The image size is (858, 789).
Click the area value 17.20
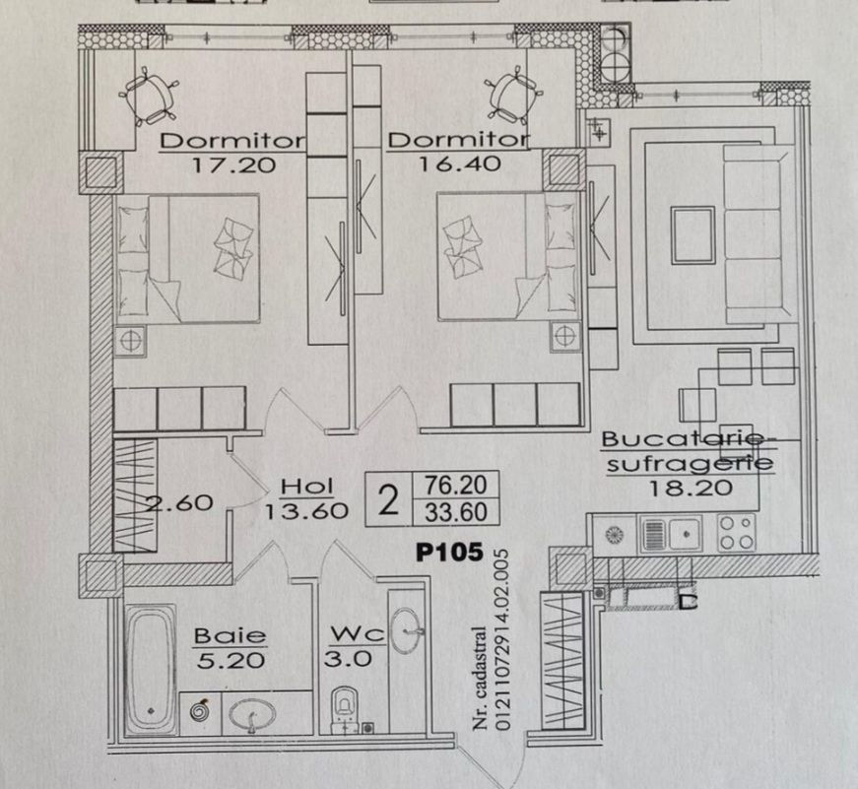(233, 164)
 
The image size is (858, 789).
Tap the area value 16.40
(460, 164)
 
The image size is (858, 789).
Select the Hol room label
(307, 487)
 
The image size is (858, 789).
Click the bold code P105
(449, 552)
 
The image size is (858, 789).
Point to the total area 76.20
(456, 485)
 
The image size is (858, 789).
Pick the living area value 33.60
(456, 512)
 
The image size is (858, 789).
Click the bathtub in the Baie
(151, 669)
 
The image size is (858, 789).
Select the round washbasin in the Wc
(407, 630)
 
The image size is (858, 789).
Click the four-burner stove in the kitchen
(737, 532)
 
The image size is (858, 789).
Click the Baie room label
(231, 635)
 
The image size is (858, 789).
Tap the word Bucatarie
(682, 438)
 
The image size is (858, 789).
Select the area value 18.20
(691, 488)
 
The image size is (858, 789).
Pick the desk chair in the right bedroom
(512, 97)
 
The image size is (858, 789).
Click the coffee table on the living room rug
(693, 235)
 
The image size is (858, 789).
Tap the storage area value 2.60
(179, 502)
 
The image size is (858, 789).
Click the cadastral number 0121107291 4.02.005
(501, 639)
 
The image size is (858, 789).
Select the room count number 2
(388, 499)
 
